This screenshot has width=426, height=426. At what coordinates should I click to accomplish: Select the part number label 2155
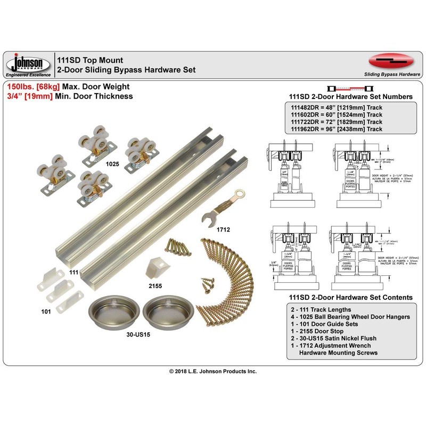pos(155,285)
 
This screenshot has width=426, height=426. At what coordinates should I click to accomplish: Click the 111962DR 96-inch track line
pos(335,129)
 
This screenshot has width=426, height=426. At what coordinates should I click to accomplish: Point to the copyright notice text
pos(213,371)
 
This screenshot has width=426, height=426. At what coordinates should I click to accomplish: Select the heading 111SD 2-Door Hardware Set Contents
pos(350,297)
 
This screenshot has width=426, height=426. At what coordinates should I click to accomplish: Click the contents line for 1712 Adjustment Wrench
pos(341,345)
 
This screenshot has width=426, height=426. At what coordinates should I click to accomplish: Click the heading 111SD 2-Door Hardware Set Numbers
pos(349,96)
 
